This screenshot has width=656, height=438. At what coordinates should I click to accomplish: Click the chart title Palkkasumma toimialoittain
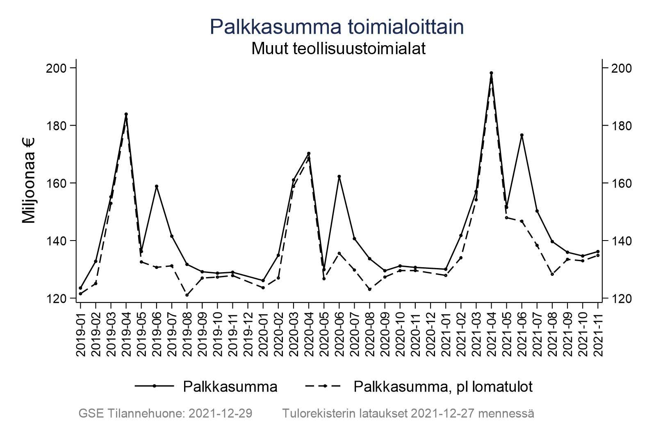click(x=337, y=27)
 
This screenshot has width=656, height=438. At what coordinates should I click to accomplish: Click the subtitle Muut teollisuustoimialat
click(x=338, y=48)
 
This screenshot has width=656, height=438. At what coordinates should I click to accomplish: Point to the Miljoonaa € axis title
click(x=29, y=180)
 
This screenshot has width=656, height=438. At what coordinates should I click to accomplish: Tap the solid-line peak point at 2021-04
click(x=491, y=73)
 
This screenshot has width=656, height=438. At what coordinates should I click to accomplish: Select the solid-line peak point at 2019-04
click(x=126, y=114)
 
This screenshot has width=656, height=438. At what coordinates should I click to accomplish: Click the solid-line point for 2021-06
click(x=522, y=135)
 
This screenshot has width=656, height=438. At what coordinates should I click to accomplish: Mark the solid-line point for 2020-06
click(x=339, y=177)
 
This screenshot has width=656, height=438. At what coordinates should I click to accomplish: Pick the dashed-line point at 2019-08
click(x=187, y=295)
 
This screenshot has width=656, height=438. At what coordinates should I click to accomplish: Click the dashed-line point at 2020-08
click(x=369, y=289)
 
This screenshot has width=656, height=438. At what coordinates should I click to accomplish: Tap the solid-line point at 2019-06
click(x=156, y=186)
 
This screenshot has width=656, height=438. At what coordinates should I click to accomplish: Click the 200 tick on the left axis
click(x=58, y=68)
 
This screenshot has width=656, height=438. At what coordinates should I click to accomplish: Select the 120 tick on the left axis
click(x=58, y=298)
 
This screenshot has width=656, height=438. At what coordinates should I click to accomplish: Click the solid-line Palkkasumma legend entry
click(x=230, y=386)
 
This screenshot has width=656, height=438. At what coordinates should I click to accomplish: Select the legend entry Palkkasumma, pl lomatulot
click(x=443, y=386)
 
